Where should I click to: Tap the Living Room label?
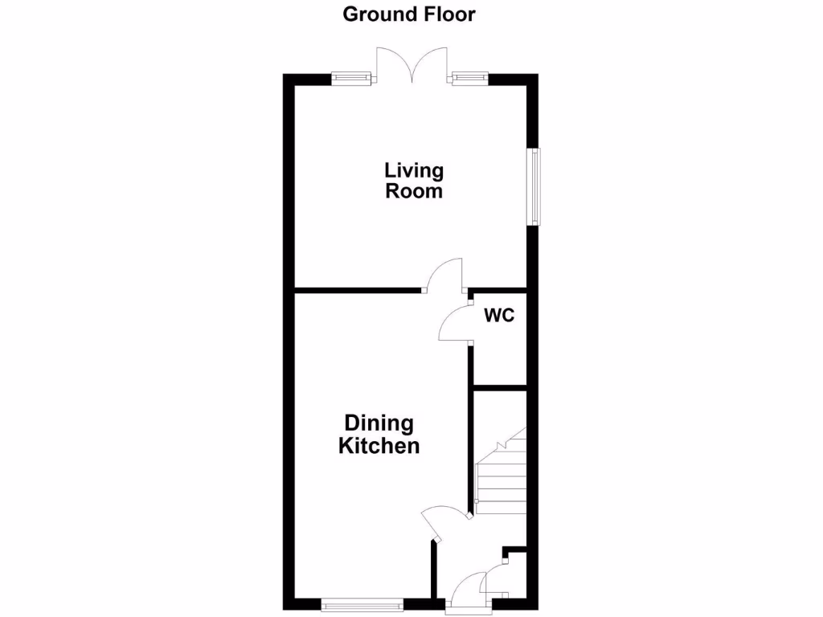(414, 181)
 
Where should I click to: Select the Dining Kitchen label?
(379, 435)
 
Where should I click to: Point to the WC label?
(498, 316)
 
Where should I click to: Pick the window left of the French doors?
(351, 78)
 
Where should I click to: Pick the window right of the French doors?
(469, 78)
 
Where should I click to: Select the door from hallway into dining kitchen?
(442, 522)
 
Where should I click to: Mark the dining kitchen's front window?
(361, 604)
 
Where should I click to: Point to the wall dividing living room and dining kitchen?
(358, 290)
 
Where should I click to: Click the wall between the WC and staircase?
(498, 388)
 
